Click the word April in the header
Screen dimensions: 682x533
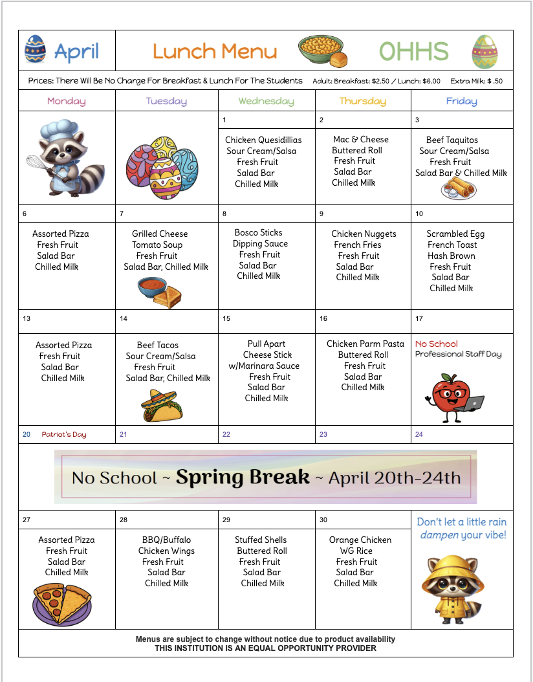click(x=76, y=52)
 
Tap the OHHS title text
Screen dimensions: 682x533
click(x=413, y=51)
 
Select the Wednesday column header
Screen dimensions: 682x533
click(x=266, y=101)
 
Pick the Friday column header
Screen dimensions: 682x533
click(x=461, y=101)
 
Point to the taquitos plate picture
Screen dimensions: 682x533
click(x=459, y=189)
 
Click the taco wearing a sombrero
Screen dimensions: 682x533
click(x=162, y=406)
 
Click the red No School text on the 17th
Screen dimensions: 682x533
click(x=436, y=344)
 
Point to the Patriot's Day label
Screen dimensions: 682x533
click(x=64, y=435)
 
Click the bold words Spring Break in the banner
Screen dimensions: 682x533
click(x=243, y=478)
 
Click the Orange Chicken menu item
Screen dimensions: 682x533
click(x=360, y=540)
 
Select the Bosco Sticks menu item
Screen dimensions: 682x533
click(x=258, y=232)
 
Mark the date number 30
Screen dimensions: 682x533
click(x=323, y=520)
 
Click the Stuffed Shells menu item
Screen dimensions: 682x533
click(x=260, y=540)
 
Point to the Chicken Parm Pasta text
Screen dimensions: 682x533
click(x=365, y=344)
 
